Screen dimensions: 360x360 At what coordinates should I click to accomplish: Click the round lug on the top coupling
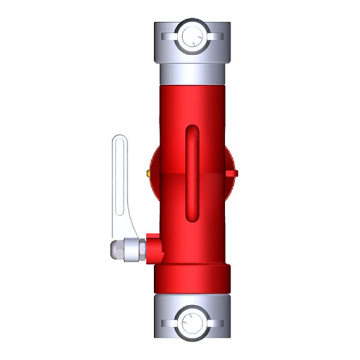(192, 35)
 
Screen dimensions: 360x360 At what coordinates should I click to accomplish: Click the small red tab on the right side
(235, 173)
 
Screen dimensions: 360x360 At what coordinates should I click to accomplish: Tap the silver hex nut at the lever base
(135, 249)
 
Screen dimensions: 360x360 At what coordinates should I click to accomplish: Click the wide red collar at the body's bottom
(192, 279)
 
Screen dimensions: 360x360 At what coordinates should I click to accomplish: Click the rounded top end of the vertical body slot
(192, 130)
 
